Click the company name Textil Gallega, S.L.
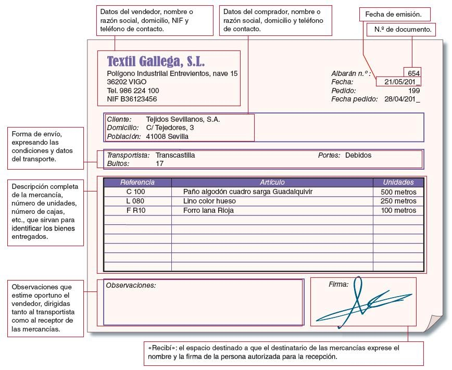point(156,61)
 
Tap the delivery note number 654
point(414,73)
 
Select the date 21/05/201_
point(402,82)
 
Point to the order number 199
point(414,91)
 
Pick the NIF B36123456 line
point(132,99)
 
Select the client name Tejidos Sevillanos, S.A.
point(183,119)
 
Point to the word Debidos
point(358,155)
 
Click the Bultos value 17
point(160,163)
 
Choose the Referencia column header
point(137,183)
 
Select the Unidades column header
point(398,183)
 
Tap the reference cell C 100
point(136,192)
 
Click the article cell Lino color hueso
point(209,201)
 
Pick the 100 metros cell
point(398,211)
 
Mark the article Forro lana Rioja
point(208,211)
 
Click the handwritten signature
point(359,304)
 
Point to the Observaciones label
point(131,285)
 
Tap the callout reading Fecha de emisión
point(391,14)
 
